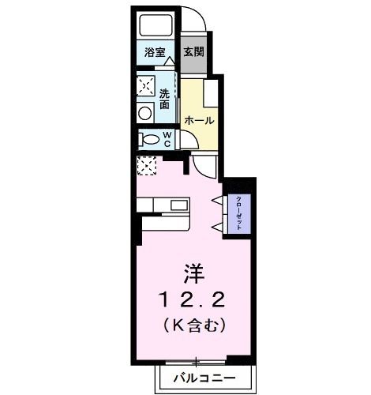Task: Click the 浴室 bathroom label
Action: pyautogui.click(x=154, y=53)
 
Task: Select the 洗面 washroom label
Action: pyautogui.click(x=165, y=99)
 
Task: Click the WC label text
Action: pyautogui.click(x=167, y=139)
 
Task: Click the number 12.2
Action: pyautogui.click(x=193, y=301)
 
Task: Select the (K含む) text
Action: pyautogui.click(x=193, y=324)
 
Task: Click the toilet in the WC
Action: pyautogui.click(x=149, y=140)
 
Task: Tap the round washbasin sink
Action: pyautogui.click(x=145, y=113)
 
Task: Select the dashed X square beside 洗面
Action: pyautogui.click(x=146, y=85)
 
